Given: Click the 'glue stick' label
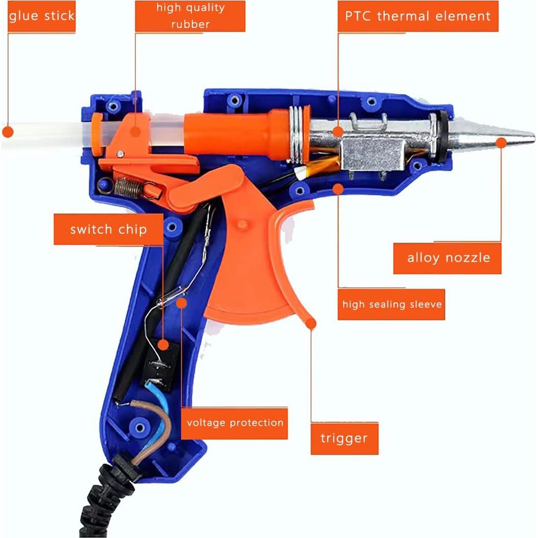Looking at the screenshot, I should click(41, 16).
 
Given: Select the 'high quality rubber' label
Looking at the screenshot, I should click(190, 16).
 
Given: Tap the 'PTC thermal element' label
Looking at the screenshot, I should click(417, 16).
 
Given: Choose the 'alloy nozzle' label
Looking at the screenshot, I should click(448, 258).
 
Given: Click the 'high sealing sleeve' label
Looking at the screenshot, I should click(391, 304).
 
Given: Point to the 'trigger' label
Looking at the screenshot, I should click(344, 438).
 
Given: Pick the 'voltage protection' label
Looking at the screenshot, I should click(235, 423).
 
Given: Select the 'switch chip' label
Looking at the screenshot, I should click(108, 229).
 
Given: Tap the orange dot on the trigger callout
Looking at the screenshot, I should click(312, 323).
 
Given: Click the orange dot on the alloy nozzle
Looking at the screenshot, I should click(501, 142).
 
